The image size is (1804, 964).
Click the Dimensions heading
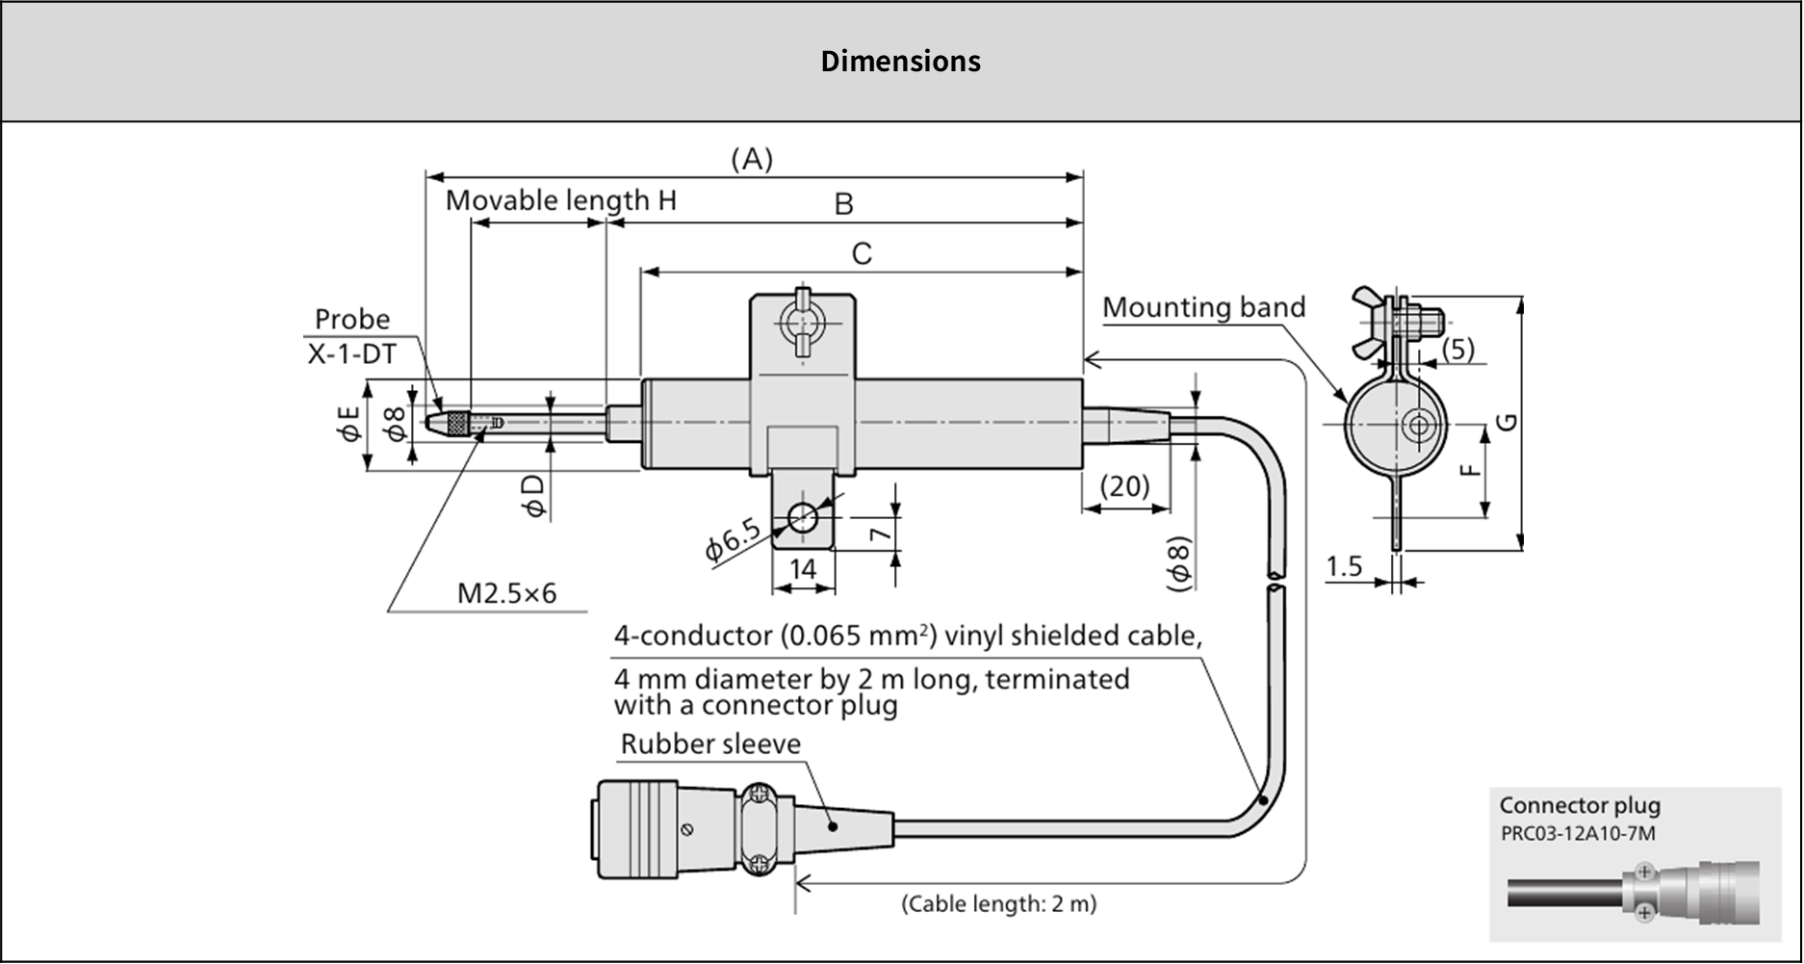tap(900, 62)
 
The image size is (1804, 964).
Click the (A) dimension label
tap(752, 160)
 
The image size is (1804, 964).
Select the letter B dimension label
tap(843, 204)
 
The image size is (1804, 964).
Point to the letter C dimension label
tap(862, 253)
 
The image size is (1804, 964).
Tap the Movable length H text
tap(560, 200)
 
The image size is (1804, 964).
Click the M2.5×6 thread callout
tap(506, 592)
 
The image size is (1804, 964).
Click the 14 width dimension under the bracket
tap(803, 569)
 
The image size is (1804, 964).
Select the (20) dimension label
tap(1124, 485)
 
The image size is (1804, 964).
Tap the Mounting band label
tap(1203, 307)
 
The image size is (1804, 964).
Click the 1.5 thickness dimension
tap(1344, 566)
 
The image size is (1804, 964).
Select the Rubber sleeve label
tap(710, 743)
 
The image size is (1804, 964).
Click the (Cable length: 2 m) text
tap(998, 903)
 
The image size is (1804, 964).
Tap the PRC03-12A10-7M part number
tap(1578, 833)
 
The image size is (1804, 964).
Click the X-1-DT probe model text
tap(351, 354)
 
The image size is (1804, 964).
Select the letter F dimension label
tap(1468, 470)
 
